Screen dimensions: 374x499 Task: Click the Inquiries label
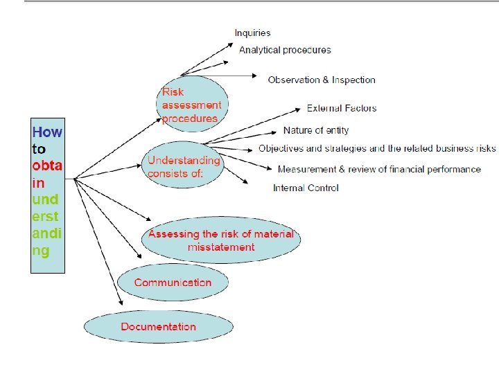(252, 33)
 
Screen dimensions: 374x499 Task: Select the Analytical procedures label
(285, 50)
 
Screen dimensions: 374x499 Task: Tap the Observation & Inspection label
(322, 80)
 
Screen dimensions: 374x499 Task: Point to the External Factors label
(342, 108)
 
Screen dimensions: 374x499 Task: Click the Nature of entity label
(316, 130)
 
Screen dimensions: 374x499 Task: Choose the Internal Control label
(306, 188)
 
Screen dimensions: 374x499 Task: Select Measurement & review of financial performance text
(379, 169)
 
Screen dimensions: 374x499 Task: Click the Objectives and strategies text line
(377, 148)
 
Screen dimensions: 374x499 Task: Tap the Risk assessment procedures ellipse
(192, 104)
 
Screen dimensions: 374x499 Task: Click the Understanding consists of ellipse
(183, 166)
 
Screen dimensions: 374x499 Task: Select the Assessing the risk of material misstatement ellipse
(220, 240)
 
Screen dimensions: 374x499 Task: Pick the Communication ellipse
(173, 283)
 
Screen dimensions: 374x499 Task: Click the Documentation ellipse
(158, 326)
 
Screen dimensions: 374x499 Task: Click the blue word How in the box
(47, 132)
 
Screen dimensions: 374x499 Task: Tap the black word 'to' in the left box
(39, 148)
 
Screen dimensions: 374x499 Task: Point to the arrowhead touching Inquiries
(231, 43)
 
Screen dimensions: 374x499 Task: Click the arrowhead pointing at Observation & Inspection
(258, 77)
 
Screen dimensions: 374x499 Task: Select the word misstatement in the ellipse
(220, 247)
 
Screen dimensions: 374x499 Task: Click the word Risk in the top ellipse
(173, 92)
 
